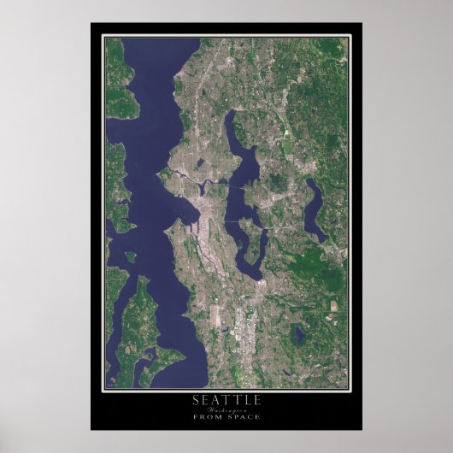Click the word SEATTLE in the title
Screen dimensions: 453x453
pos(226,400)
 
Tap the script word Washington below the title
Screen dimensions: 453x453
pos(226,409)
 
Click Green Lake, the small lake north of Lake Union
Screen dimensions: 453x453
pos(198,162)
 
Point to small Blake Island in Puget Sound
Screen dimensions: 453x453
pos(130,256)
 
